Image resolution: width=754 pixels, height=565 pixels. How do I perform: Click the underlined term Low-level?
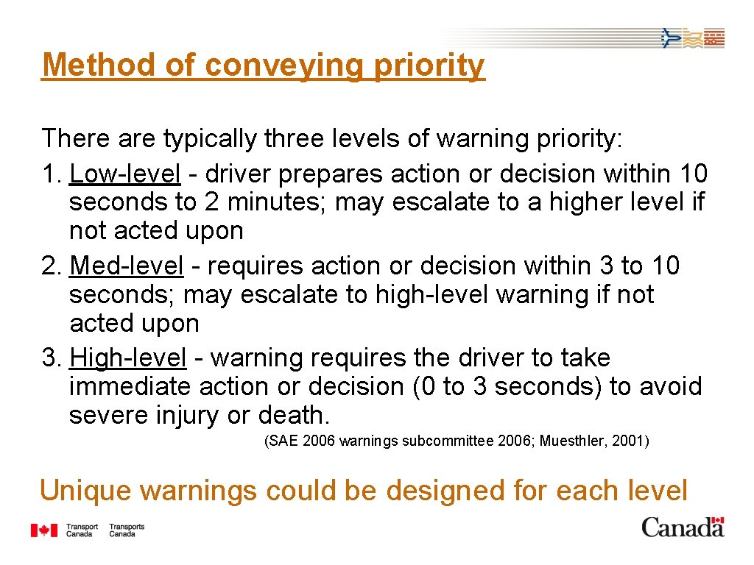coord(124,174)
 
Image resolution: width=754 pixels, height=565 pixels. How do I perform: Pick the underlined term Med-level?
coord(126,266)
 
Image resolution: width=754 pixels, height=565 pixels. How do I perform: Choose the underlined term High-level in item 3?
coord(127,358)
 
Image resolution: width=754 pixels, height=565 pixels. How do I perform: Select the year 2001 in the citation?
coord(628,441)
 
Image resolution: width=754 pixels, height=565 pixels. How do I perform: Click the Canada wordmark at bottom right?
coord(683,527)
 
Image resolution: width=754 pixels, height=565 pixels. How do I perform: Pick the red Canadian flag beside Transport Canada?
coord(44,530)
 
